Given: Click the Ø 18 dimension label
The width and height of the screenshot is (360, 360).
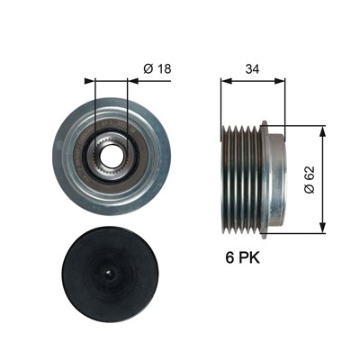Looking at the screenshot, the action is click(157, 68).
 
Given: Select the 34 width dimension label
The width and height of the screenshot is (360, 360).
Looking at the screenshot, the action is click(252, 69).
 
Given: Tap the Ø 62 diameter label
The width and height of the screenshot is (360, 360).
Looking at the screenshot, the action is click(310, 179).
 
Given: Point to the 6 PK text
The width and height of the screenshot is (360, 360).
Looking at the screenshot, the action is click(243, 258).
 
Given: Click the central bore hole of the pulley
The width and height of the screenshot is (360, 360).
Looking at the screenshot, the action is click(111, 157).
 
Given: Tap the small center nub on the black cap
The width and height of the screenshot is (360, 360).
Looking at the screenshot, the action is click(109, 273).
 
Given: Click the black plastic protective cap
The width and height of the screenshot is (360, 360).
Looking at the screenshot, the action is click(109, 274).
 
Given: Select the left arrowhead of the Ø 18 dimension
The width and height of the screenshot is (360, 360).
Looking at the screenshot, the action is click(90, 81).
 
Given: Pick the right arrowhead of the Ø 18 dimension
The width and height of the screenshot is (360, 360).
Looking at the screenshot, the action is click(132, 81).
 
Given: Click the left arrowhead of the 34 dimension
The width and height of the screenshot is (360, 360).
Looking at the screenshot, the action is click(227, 81).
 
